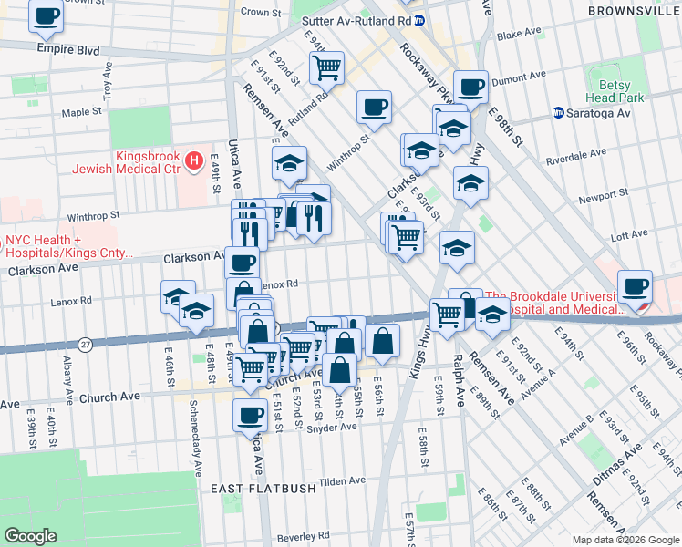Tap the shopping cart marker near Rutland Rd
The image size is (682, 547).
pyautogui.click(x=325, y=67)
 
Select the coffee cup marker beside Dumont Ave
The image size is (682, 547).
pyautogui.click(x=470, y=88)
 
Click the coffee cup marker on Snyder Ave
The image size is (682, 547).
pyautogui.click(x=249, y=415)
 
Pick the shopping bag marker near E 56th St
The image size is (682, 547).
pyautogui.click(x=383, y=341)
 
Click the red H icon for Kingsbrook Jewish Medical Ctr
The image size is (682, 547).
pyautogui.click(x=192, y=161)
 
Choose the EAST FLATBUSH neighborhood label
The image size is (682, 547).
pyautogui.click(x=263, y=489)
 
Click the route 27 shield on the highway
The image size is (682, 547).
pyautogui.click(x=86, y=344)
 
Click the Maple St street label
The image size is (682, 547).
pyautogui.click(x=81, y=112)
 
